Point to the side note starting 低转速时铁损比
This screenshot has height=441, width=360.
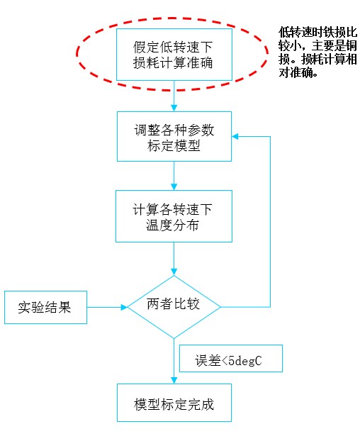pyautogui.click(x=318, y=52)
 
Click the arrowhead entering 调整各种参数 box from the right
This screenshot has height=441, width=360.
pyautogui.click(x=235, y=137)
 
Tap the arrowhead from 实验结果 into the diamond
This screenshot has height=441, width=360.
pyautogui.click(x=124, y=307)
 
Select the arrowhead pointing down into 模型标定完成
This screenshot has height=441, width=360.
pyautogui.click(x=174, y=380)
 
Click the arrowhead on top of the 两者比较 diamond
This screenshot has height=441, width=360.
pyautogui.click(x=174, y=272)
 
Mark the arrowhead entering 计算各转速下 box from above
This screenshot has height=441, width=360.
pyautogui.click(x=174, y=186)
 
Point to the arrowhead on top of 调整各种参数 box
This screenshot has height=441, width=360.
pyautogui.click(x=174, y=108)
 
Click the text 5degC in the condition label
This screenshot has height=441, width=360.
pyautogui.click(x=245, y=361)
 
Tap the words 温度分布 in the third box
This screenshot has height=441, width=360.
pyautogui.click(x=172, y=225)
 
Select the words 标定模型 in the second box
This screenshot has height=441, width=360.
pyautogui.click(x=174, y=145)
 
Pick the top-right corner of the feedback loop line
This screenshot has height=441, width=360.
pyautogui.click(x=270, y=137)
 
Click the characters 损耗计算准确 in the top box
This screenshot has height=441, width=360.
pyautogui.click(x=173, y=62)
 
